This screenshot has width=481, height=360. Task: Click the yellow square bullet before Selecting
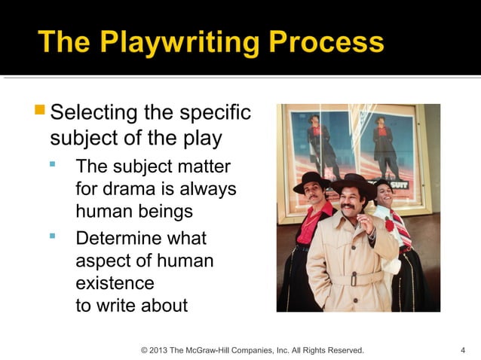[x=40, y=111]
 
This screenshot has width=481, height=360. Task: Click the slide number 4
[x=462, y=350]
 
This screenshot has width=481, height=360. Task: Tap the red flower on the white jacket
[x=390, y=225]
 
